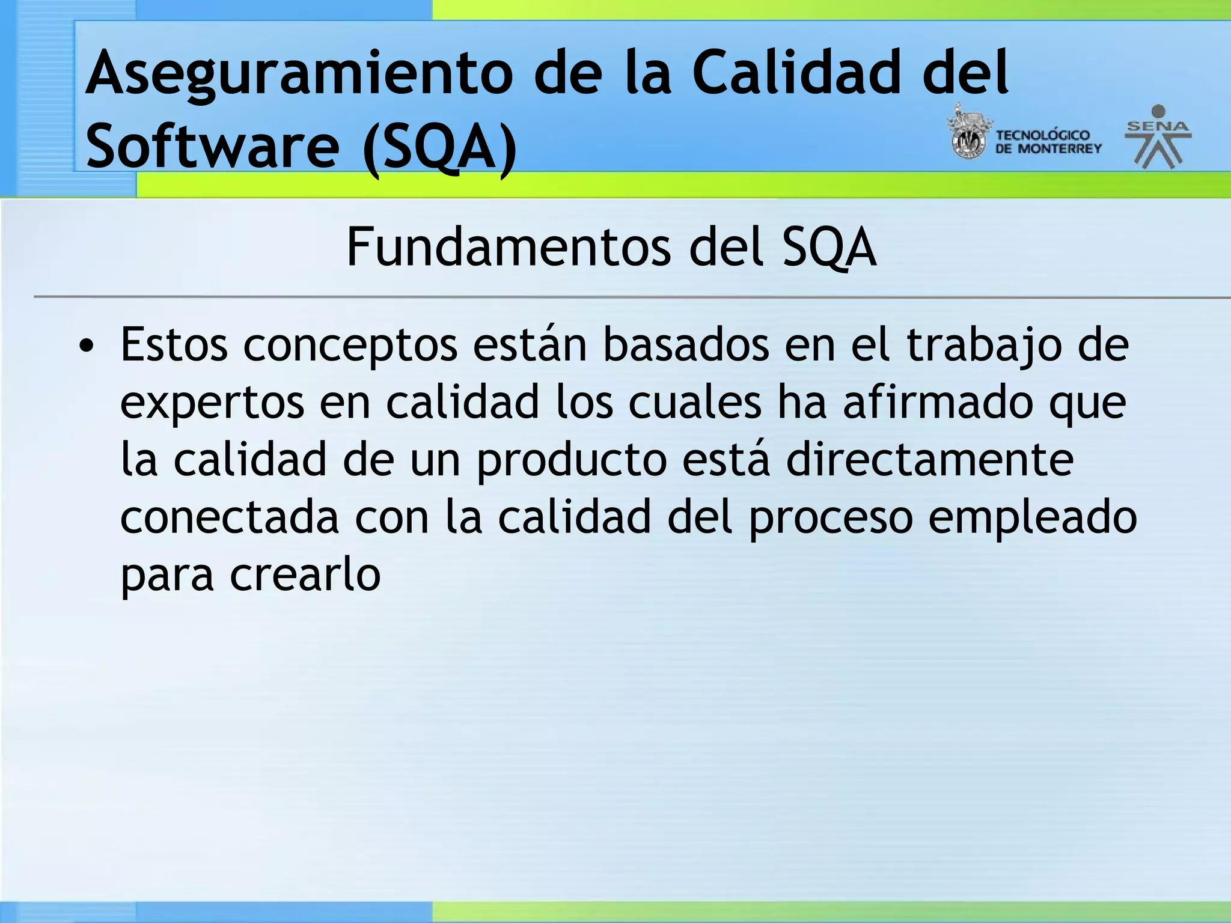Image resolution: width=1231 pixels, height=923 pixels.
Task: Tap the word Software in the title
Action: point(212,146)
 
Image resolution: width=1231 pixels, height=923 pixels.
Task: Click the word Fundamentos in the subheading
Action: point(509,248)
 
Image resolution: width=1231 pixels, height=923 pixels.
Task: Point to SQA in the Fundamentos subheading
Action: point(829,248)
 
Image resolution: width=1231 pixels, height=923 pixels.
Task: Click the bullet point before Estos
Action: point(87,347)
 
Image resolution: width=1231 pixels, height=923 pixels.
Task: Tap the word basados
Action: point(686,346)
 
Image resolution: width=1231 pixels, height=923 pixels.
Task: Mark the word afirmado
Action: point(938,403)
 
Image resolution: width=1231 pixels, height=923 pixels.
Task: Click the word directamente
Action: point(929,460)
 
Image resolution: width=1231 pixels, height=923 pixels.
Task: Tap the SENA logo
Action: point(1158,137)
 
